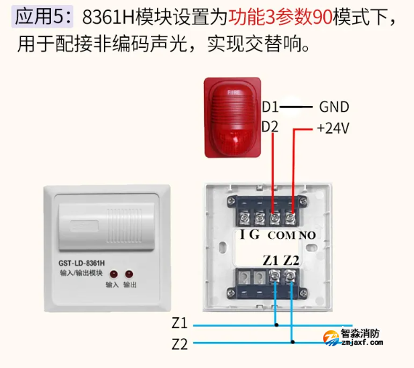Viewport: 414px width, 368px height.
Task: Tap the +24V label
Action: pyautogui.click(x=333, y=128)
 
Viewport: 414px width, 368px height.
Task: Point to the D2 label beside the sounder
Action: pyautogui.click(x=269, y=126)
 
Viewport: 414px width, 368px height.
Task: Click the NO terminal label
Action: pyautogui.click(x=307, y=236)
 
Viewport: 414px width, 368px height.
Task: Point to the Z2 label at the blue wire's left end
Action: pyautogui.click(x=179, y=344)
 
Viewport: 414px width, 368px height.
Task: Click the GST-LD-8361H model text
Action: pyautogui.click(x=81, y=262)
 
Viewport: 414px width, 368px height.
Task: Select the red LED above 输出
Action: pyautogui.click(x=129, y=274)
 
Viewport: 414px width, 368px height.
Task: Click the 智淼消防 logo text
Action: pyautogui.click(x=361, y=335)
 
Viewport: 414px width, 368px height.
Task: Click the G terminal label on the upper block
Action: pyautogui.click(x=254, y=235)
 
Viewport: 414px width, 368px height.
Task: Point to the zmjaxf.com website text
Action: pyautogui.click(x=361, y=345)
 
